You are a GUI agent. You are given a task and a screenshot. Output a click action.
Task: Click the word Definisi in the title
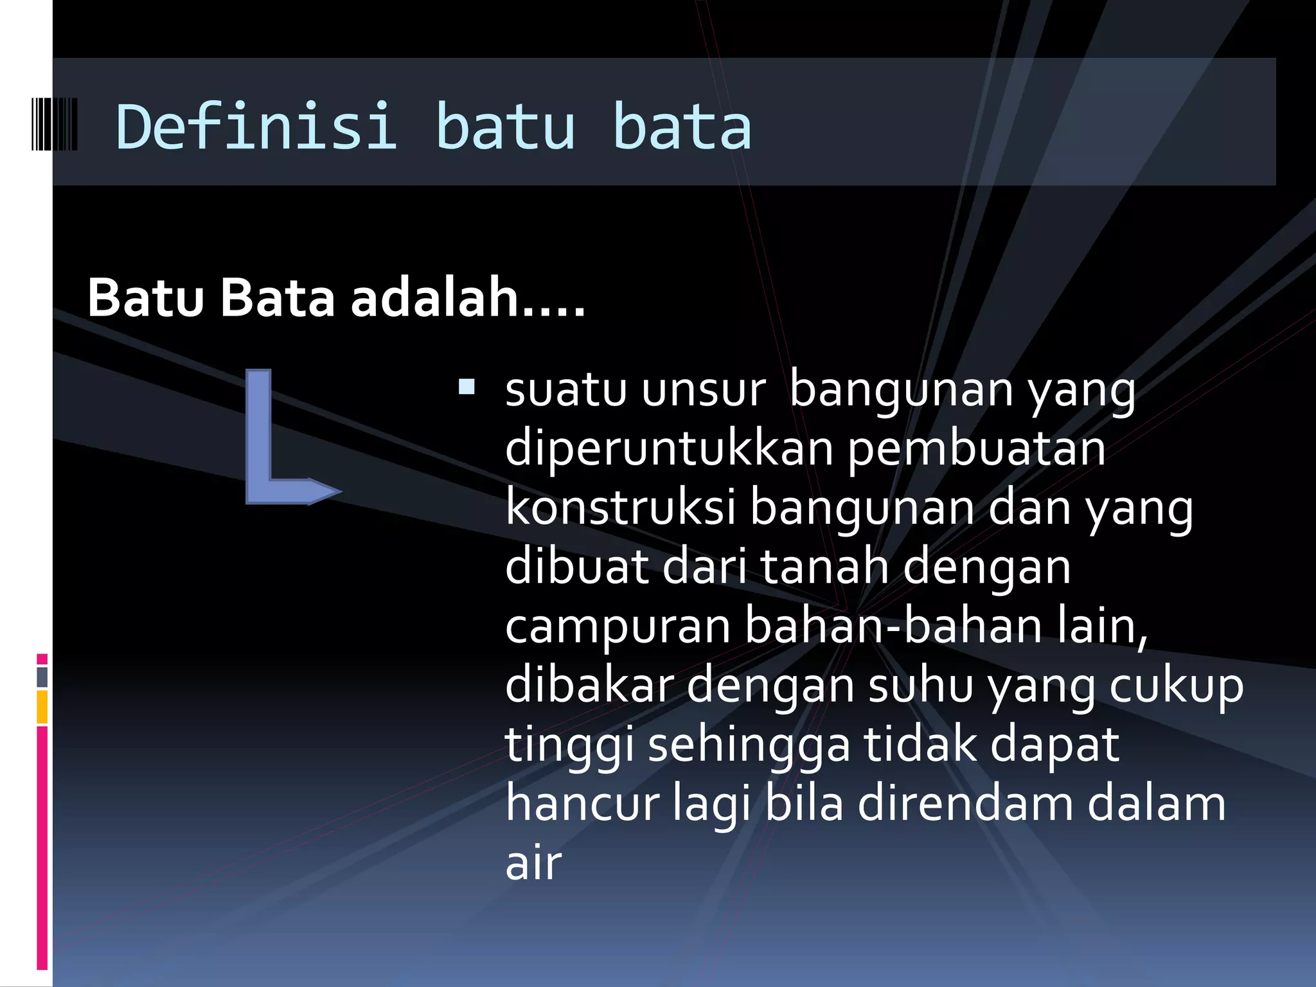coord(256,126)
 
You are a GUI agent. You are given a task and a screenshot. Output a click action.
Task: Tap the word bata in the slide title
coord(682,126)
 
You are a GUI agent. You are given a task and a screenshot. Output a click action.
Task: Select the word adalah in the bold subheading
coord(434,298)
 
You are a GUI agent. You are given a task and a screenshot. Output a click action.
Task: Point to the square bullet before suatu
coord(467,387)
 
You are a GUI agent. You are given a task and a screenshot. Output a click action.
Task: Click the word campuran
coord(618,627)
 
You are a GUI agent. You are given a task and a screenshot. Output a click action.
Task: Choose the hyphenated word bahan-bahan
coord(893,626)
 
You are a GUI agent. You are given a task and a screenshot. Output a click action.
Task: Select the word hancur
coord(582,805)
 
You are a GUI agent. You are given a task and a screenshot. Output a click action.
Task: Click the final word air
coord(533,864)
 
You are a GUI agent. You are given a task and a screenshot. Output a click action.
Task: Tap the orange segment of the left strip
coord(42,707)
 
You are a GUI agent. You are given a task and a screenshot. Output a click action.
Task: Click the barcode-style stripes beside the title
coord(54,125)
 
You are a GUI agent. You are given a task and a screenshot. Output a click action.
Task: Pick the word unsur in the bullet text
coord(704,389)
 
